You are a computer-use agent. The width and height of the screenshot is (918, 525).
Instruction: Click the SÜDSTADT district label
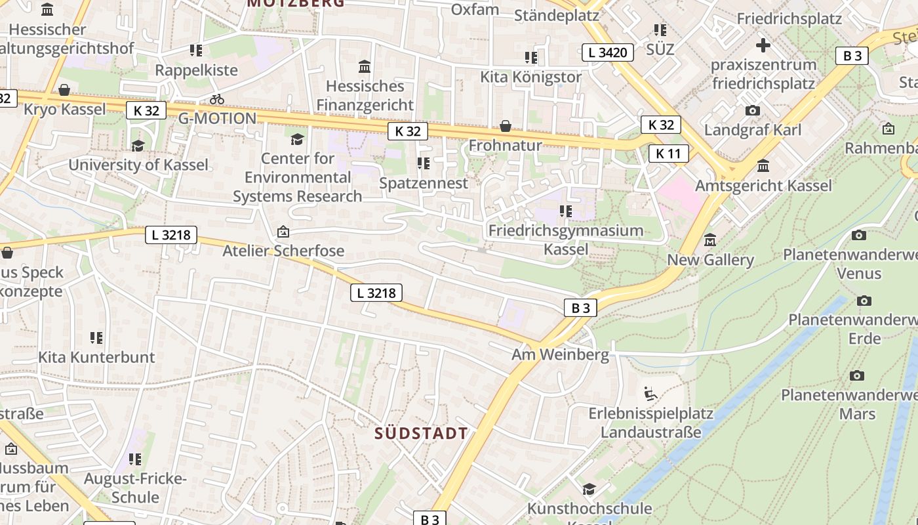[422, 433]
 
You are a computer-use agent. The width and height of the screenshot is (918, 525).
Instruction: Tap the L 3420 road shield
[608, 52]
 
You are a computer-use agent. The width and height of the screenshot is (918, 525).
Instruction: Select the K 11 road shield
[668, 154]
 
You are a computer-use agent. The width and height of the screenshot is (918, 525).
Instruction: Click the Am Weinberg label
[560, 355]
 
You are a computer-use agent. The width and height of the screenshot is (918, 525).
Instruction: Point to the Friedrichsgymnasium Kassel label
[566, 240]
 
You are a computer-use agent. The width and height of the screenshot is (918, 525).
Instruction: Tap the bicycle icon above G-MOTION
[217, 99]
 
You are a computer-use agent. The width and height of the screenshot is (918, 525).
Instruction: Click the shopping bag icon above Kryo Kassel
[64, 90]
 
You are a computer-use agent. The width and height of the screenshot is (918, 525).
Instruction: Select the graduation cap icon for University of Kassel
[138, 146]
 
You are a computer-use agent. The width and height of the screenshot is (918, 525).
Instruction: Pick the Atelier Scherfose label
[283, 251]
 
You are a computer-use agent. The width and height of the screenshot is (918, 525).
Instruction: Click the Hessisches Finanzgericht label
[365, 95]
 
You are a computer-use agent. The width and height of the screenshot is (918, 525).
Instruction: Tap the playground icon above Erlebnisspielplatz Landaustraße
[650, 394]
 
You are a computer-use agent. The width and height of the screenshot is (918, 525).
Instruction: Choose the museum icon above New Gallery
[710, 240]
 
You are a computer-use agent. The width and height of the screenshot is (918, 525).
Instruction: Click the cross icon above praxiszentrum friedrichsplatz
[763, 45]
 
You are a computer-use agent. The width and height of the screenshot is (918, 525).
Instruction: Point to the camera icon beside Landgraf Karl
[753, 110]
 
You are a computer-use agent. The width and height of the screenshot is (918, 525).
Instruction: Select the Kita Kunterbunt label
[96, 357]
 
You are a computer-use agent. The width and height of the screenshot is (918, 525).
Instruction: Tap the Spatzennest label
[424, 183]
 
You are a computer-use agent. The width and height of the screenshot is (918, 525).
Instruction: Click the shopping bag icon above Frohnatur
[506, 125]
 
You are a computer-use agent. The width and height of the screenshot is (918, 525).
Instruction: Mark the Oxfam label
[475, 10]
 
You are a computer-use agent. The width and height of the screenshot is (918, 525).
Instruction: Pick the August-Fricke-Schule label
[135, 488]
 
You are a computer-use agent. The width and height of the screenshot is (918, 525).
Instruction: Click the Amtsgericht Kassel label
[763, 186]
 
